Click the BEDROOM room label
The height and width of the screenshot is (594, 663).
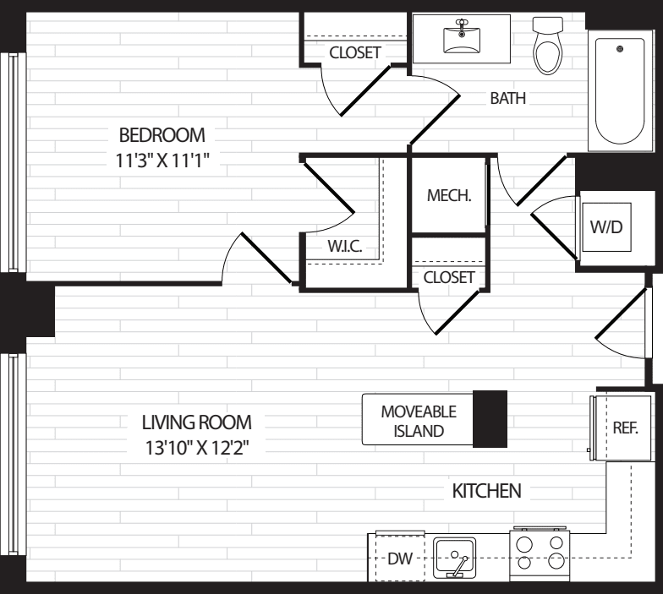click(162, 134)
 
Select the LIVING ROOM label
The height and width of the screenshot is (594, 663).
click(196, 422)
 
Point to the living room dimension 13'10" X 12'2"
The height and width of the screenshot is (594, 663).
click(196, 446)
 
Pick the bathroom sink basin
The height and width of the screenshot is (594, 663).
click(461, 37)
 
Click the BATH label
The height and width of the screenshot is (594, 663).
click(507, 98)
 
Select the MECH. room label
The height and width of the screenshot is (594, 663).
click(448, 195)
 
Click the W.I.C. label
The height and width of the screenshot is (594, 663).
click(344, 248)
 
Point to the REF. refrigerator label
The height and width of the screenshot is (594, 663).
click(624, 428)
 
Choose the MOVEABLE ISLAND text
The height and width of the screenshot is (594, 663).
click(419, 421)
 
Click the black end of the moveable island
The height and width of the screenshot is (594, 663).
click(490, 418)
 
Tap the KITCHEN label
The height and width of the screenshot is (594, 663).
click(486, 490)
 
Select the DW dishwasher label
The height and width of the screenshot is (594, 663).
click(399, 559)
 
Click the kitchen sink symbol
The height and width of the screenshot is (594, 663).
click(454, 559)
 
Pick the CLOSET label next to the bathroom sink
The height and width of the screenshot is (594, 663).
click(355, 52)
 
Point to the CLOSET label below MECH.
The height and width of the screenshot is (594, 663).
click(449, 277)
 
